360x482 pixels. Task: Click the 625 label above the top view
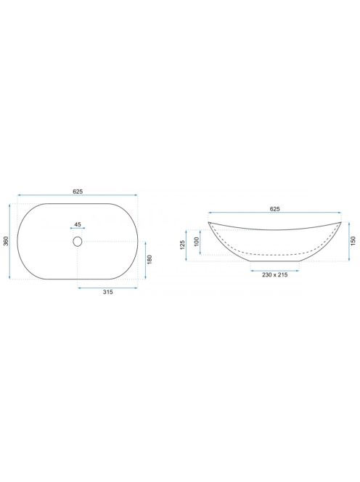click(x=78, y=191)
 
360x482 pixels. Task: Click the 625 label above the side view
click(x=275, y=209)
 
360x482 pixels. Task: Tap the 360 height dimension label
click(x=6, y=241)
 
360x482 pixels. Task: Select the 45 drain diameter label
click(x=78, y=224)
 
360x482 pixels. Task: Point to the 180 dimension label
click(x=150, y=260)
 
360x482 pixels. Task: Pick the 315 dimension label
click(x=107, y=292)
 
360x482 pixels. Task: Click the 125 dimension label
click(x=182, y=245)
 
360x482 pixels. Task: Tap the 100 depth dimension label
click(x=197, y=241)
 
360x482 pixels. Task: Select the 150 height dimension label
click(x=353, y=241)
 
